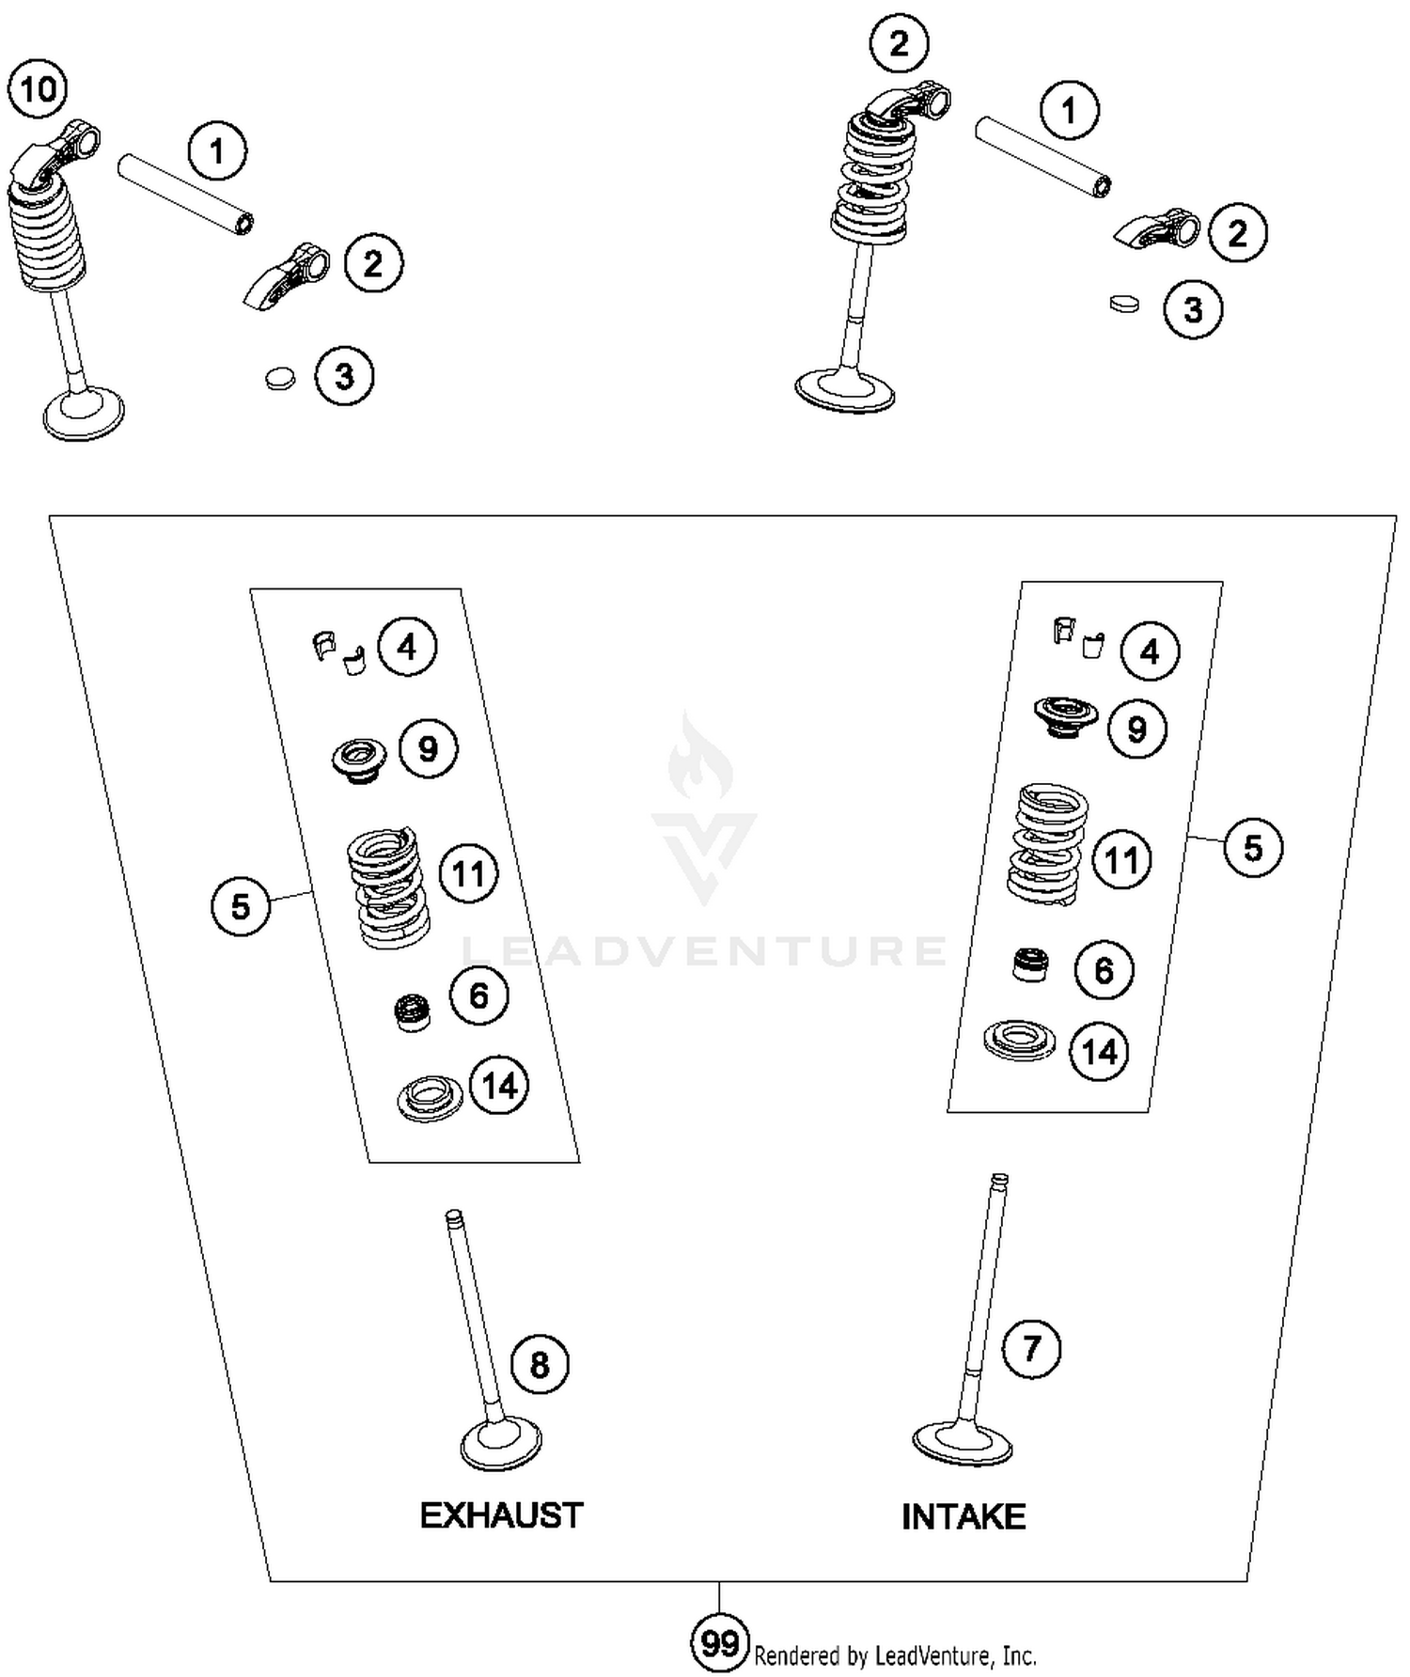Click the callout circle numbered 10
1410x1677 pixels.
point(39,90)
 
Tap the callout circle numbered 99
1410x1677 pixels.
point(720,1644)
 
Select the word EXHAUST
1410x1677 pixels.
point(501,1515)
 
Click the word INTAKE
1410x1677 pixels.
point(963,1516)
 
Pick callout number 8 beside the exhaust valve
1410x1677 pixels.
point(540,1364)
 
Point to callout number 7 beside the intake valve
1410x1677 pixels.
point(1031,1349)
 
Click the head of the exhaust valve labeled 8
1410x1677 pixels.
point(501,1444)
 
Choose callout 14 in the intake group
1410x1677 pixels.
point(1100,1051)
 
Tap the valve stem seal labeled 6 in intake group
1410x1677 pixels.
point(1031,965)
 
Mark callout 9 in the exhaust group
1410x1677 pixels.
point(428,749)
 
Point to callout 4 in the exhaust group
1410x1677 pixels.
point(407,647)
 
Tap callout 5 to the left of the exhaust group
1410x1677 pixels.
point(241,906)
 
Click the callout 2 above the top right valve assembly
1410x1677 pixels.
point(899,43)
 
